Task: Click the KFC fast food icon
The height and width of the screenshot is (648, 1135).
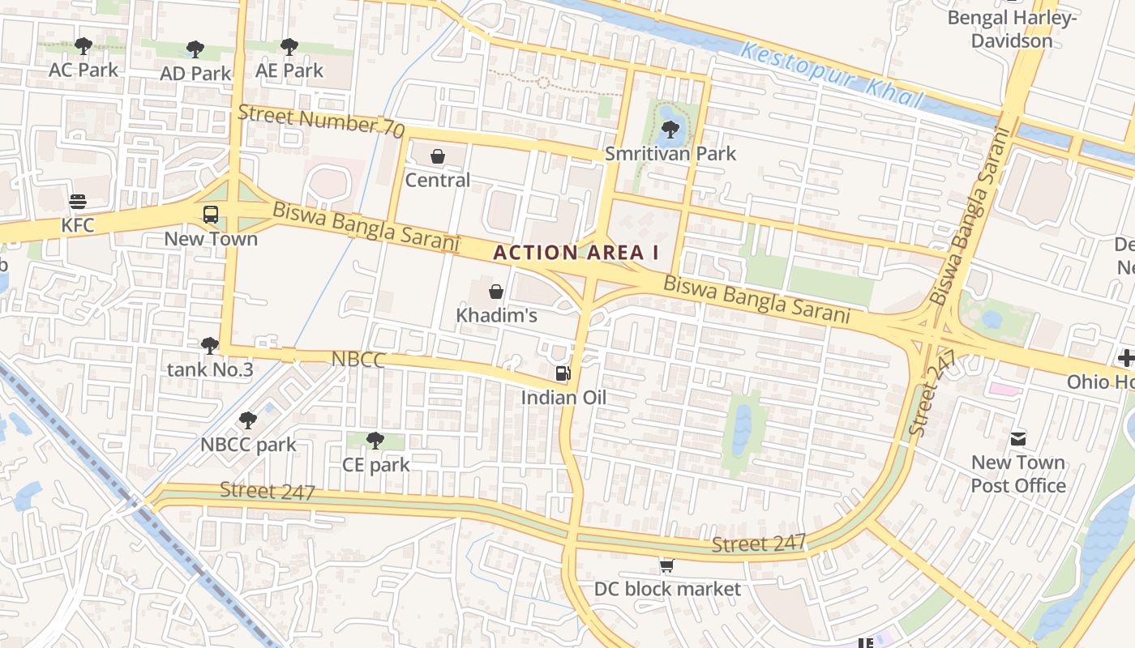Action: click(78, 202)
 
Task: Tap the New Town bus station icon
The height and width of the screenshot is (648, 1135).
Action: click(211, 215)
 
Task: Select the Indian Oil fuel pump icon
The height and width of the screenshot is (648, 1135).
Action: click(563, 373)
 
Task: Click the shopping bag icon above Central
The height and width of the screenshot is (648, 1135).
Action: click(438, 156)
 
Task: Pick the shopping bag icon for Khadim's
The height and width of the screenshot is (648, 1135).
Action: click(496, 292)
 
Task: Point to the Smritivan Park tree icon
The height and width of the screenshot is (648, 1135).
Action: click(670, 129)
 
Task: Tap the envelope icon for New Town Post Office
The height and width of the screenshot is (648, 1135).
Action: click(1018, 439)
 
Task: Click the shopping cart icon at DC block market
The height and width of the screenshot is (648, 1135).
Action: click(666, 565)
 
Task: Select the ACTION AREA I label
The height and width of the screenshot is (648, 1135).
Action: click(576, 253)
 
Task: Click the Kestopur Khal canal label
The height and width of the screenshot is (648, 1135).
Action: click(833, 75)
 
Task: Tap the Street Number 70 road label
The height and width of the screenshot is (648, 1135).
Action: click(321, 122)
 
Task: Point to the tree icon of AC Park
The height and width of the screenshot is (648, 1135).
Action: click(83, 46)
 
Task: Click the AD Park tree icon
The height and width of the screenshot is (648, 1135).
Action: click(195, 49)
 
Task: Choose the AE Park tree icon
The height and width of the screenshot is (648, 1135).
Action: click(289, 47)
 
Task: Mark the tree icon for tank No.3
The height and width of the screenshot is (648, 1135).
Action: click(210, 346)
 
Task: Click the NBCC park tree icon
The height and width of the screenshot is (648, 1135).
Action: click(248, 420)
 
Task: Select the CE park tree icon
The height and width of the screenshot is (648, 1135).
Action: click(375, 441)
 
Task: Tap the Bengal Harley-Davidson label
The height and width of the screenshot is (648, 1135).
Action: click(1012, 29)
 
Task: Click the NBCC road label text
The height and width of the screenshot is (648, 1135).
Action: click(358, 360)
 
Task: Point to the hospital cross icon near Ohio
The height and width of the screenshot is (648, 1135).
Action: click(1126, 357)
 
